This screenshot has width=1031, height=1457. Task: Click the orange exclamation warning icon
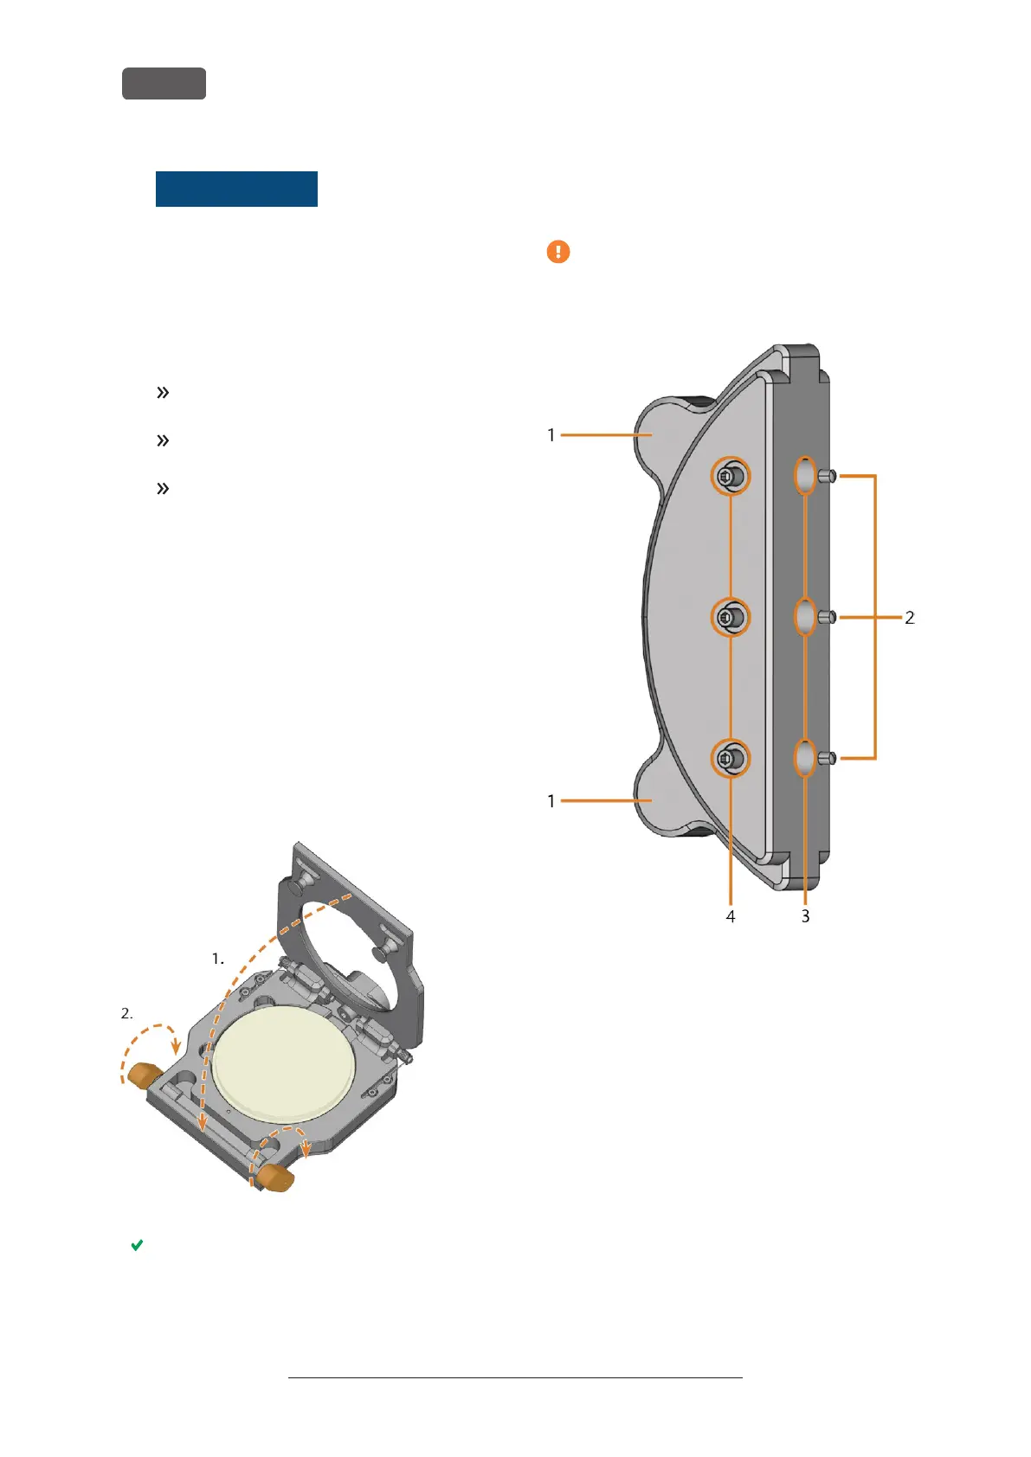tap(558, 252)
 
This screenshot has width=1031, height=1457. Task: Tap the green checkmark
tap(137, 1245)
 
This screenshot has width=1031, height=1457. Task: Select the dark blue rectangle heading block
tap(236, 189)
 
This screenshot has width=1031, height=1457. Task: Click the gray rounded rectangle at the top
tap(164, 83)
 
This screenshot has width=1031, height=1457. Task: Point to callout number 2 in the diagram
tap(909, 618)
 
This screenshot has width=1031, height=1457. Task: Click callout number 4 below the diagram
tap(731, 916)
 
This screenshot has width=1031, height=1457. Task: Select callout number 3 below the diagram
tap(805, 916)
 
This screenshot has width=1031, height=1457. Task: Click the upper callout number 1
tap(551, 435)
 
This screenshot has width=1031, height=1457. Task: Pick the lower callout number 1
tap(551, 801)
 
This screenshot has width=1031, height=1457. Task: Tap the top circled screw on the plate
tap(731, 476)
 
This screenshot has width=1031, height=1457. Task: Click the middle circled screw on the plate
tap(731, 617)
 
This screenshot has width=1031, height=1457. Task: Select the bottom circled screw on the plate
tap(731, 759)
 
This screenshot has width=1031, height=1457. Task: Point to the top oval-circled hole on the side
tap(805, 475)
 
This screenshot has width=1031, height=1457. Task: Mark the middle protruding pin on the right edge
tap(828, 617)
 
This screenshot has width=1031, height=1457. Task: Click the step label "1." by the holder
tap(218, 959)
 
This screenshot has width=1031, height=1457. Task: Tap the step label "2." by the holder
tap(127, 1013)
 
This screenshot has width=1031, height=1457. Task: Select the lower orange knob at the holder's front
tap(276, 1178)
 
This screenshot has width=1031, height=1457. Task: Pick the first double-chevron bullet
tap(162, 393)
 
